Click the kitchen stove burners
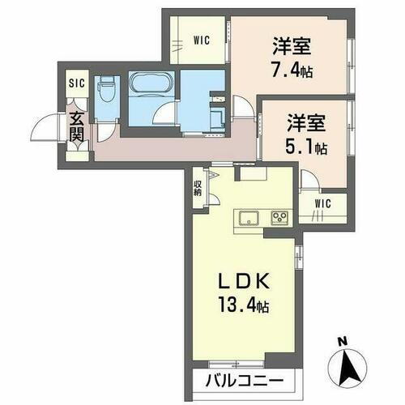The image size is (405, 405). [x=279, y=217]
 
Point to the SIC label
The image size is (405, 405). [x=75, y=83]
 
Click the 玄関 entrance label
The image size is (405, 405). [x=75, y=128]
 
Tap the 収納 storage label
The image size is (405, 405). [x=198, y=188]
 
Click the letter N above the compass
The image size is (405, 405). [x=343, y=340]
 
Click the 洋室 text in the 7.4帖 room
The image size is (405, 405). [x=293, y=45]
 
